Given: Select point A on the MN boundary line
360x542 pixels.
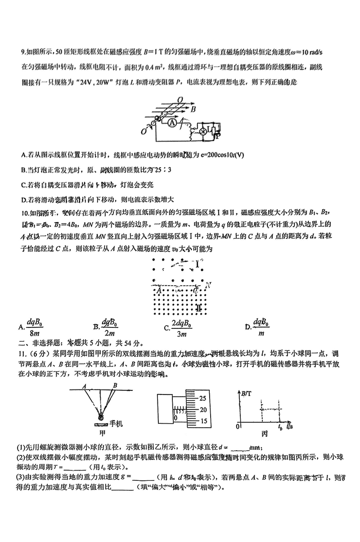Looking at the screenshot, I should coord(158,291).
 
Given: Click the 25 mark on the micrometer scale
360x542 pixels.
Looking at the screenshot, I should coord(202,399).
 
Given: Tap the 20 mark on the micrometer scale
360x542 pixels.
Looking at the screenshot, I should coord(202,410).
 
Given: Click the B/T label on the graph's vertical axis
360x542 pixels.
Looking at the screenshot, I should coord(247,394).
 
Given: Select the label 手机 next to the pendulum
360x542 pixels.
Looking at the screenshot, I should coord(116,424).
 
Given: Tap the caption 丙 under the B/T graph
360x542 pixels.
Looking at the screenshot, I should coord(264,434).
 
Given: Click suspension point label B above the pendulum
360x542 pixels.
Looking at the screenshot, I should coord(115,385).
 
